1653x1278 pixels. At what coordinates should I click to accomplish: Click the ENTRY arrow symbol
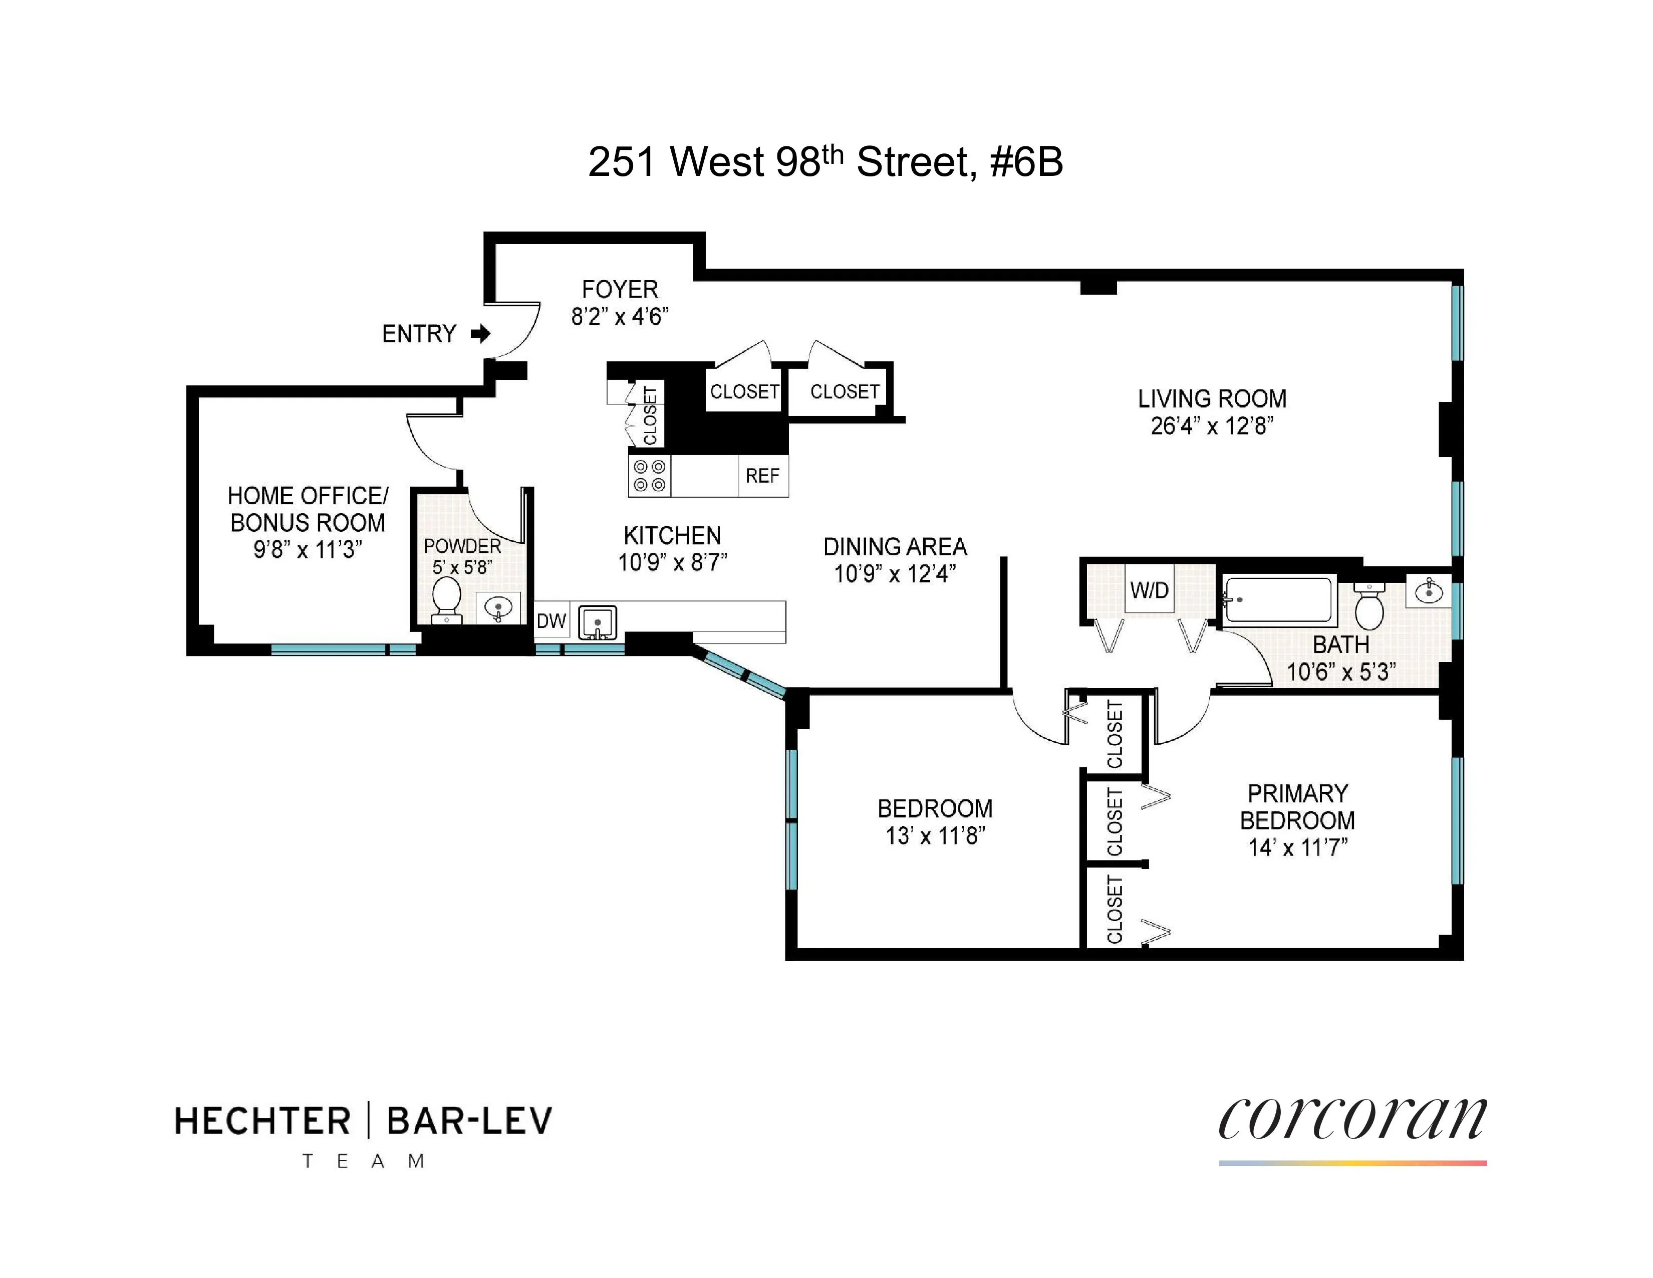pos(480,333)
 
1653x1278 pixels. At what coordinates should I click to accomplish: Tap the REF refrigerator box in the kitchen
pos(762,476)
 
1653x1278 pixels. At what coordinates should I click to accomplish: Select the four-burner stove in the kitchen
pos(649,476)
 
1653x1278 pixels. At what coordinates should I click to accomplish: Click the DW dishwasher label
pos(551,621)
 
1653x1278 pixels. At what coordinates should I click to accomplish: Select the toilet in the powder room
pos(446,600)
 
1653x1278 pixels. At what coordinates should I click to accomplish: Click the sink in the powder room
pos(498,607)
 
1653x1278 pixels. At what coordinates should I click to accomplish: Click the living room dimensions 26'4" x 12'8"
pos(1212,427)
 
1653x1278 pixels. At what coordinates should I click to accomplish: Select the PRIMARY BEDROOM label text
pos(1297,806)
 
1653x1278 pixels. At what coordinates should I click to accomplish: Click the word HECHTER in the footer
pos(262,1121)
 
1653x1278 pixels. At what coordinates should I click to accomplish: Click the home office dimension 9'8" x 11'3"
pos(307,550)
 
